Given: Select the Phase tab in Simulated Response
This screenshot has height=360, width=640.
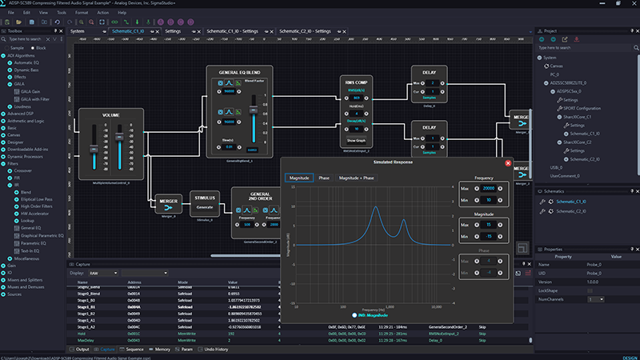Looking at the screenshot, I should point(324,178).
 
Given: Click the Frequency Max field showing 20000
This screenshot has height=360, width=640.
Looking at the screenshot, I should point(487,189).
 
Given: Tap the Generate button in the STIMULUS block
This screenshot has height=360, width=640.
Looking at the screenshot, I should point(204,206).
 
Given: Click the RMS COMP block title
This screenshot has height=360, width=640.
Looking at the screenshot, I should point(354,82).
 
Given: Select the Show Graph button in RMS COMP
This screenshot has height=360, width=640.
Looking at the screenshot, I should point(354,137).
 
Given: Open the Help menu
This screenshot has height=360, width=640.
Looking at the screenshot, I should point(122,13).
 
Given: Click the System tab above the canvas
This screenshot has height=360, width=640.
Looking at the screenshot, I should point(78,31).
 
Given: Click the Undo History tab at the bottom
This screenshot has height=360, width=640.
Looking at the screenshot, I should point(215,350).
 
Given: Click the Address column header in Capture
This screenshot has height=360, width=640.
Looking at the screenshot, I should point(134,282).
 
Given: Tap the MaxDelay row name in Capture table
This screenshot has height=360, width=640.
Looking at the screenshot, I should point(87,338).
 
